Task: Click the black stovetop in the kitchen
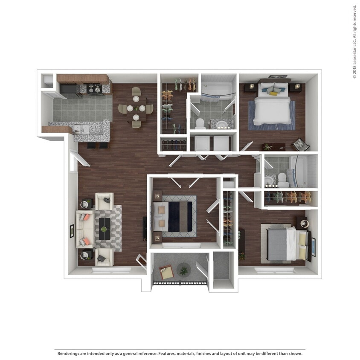click(x=93, y=89)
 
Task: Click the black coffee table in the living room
click(x=104, y=229)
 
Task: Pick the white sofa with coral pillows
click(x=84, y=229)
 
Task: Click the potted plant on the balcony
click(x=184, y=270)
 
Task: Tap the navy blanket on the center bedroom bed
click(x=174, y=216)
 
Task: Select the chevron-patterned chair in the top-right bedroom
click(x=301, y=145)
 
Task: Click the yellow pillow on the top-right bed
click(x=273, y=93)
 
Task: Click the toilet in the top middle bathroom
click(x=199, y=124)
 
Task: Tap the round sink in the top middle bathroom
click(x=222, y=125)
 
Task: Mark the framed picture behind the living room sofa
click(x=71, y=231)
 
